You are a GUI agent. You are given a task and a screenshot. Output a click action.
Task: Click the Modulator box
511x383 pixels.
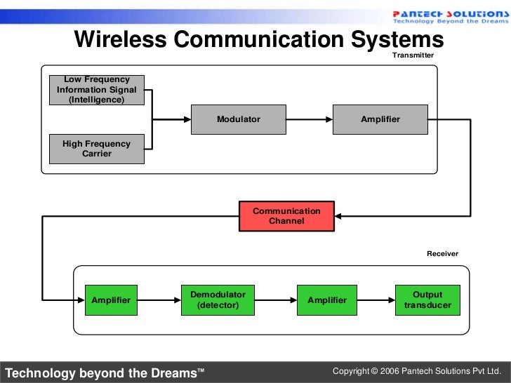tap(239, 119)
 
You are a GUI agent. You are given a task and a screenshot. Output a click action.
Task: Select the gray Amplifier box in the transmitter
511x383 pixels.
tap(380, 119)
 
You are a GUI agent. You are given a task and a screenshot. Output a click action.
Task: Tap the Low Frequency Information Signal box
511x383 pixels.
tap(97, 90)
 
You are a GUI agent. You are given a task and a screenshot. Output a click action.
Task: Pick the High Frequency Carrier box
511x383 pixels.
tap(97, 149)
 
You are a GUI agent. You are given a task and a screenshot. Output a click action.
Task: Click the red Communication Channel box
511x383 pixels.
tap(286, 216)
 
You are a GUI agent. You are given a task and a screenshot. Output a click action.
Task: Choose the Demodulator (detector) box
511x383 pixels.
tap(218, 300)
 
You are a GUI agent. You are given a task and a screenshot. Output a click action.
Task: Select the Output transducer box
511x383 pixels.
tap(427, 300)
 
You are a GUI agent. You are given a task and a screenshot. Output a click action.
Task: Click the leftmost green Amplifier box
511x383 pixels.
tap(111, 300)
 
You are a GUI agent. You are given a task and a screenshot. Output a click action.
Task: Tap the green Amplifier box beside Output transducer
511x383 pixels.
tap(327, 300)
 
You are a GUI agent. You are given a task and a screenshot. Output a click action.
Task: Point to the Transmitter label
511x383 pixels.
tap(413, 55)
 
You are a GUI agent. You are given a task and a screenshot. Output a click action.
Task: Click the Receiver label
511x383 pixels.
tap(442, 253)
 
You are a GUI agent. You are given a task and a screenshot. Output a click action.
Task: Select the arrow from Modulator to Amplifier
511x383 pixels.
tap(309, 119)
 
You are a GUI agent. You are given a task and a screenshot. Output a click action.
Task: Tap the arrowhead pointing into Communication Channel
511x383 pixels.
tap(339, 216)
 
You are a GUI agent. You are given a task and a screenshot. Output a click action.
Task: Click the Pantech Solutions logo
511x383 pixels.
tap(446, 16)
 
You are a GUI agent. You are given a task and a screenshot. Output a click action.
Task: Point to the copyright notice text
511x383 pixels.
tap(417, 370)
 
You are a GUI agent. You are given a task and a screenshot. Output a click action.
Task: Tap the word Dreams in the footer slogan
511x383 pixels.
tap(172, 372)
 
